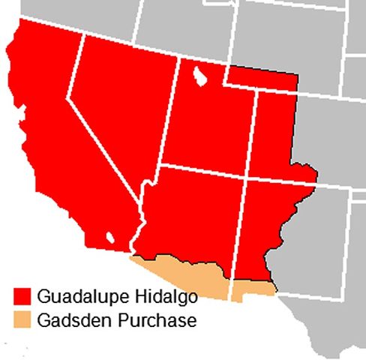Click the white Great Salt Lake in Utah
200,76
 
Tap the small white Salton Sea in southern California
111,238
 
